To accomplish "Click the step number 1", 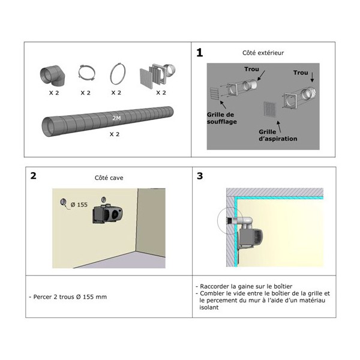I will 200,53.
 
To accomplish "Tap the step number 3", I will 200,176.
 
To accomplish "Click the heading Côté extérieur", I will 263,53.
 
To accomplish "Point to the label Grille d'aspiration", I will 278,134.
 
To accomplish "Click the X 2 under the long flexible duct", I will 115,135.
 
